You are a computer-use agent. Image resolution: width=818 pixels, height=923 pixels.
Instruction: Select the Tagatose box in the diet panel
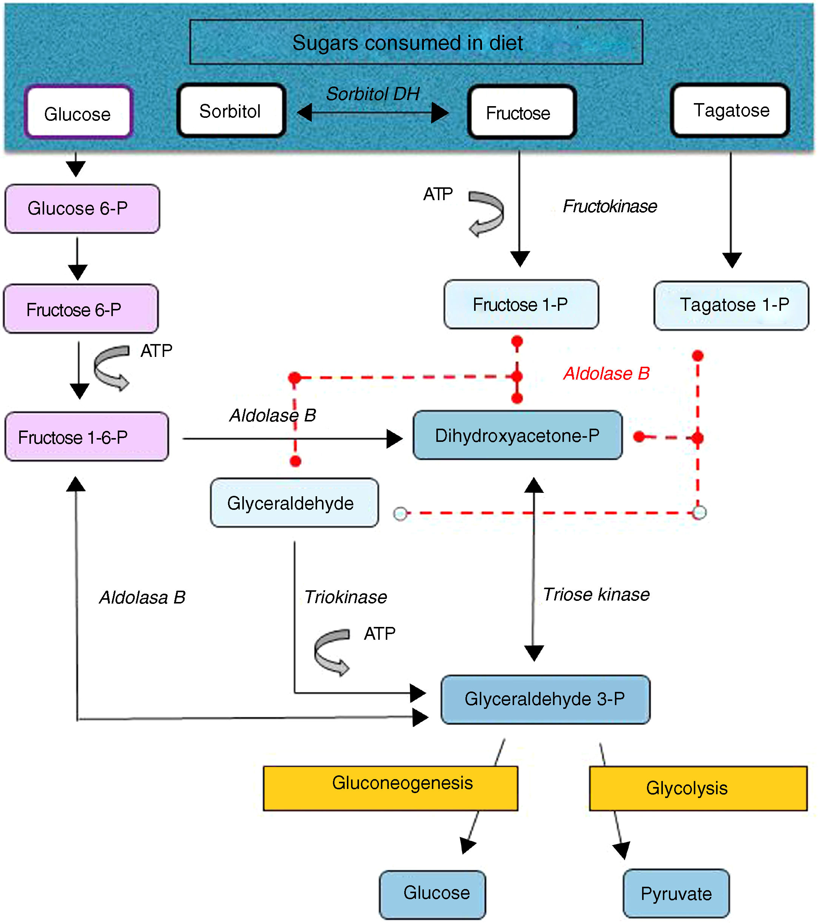point(730,110)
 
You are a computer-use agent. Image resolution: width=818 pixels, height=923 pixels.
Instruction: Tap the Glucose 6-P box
point(82,208)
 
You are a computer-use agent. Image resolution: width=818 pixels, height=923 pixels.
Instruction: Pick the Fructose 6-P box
point(81,309)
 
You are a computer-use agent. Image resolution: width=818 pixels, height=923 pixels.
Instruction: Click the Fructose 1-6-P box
point(87,437)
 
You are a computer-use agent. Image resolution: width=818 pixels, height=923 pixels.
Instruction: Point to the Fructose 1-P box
point(521,304)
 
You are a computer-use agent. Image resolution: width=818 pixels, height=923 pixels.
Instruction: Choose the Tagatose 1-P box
point(731,305)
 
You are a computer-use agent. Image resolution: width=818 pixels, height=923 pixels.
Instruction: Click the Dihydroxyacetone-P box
point(518,435)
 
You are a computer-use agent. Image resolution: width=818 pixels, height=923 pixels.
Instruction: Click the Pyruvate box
point(676,893)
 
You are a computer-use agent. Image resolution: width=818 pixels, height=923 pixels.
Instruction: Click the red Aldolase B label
point(606,374)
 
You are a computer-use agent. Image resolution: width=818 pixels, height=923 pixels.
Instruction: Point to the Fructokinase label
point(609,206)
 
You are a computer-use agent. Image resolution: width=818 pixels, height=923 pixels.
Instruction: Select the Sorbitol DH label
point(373,94)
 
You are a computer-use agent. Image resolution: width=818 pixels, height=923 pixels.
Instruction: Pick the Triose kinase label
point(596,595)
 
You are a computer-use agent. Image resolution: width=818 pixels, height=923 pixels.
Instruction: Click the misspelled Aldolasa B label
point(142,597)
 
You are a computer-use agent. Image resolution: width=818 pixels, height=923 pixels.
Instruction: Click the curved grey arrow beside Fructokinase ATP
point(487,213)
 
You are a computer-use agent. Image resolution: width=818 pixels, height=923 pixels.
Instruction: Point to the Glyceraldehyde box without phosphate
point(294,503)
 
